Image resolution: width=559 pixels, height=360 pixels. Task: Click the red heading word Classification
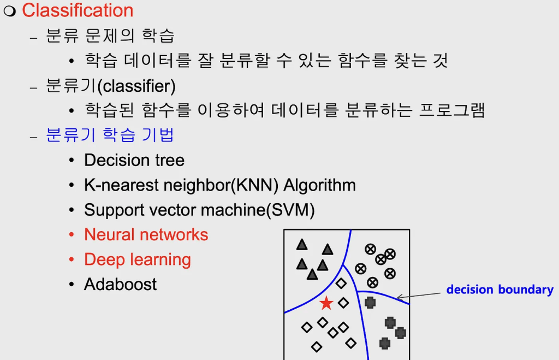tap(78, 10)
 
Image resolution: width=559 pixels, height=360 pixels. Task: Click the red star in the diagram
tap(326, 303)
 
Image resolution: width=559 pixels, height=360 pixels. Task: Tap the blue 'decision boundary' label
tap(499, 290)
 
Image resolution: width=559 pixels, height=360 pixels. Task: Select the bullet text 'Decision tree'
tap(134, 160)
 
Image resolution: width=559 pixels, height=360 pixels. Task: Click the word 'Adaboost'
tap(120, 284)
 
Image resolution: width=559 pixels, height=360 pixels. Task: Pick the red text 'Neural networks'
tap(146, 235)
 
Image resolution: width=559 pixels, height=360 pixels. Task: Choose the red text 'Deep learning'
tap(138, 259)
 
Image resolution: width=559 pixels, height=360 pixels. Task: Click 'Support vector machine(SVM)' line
tap(199, 210)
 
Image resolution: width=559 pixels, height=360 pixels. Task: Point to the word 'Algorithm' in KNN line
tap(319, 185)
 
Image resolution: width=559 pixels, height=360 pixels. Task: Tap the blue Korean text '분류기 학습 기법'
tap(110, 134)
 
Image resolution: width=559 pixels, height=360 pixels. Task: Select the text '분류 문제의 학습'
tap(110, 36)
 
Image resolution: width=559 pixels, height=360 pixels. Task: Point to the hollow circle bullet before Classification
tap(10, 11)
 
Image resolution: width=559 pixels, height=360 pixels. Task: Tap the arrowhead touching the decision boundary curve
tap(399, 298)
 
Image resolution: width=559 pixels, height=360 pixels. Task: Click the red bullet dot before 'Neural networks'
tap(72, 235)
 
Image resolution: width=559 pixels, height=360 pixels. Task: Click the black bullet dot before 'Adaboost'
tap(72, 285)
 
